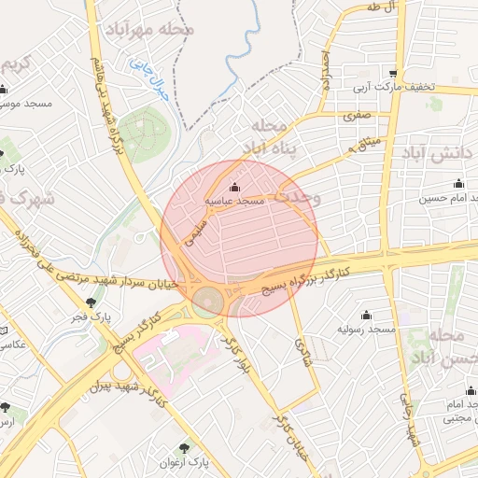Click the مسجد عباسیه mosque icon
233,186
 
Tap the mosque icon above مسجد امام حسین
458,182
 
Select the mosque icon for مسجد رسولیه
365,315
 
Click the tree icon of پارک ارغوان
197,446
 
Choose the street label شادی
301,351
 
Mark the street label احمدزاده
325,70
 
